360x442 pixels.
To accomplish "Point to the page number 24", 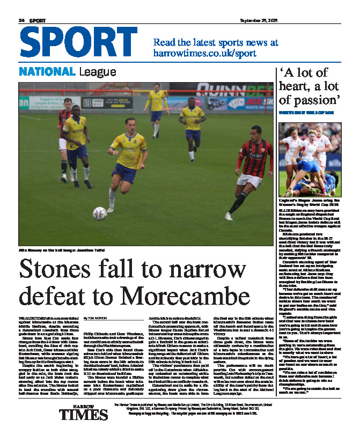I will coord(22,19).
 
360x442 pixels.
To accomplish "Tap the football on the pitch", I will coord(99,212).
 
